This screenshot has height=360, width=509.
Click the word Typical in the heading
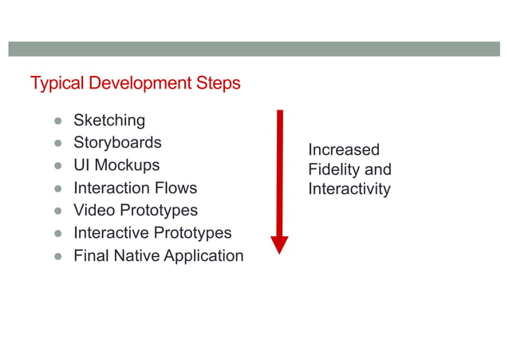pos(57,83)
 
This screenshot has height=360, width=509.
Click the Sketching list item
pos(109,121)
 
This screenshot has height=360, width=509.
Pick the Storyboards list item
pos(117,143)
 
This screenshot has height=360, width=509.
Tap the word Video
pos(94,211)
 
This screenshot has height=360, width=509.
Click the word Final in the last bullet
pos(92,256)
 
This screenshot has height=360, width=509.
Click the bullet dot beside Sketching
pos(58,121)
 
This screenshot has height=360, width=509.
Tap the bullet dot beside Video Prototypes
pos(58,212)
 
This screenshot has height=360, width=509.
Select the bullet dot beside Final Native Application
pos(58,257)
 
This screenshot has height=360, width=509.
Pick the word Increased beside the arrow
pos(344,150)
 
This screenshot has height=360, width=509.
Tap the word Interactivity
pos(349,189)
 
